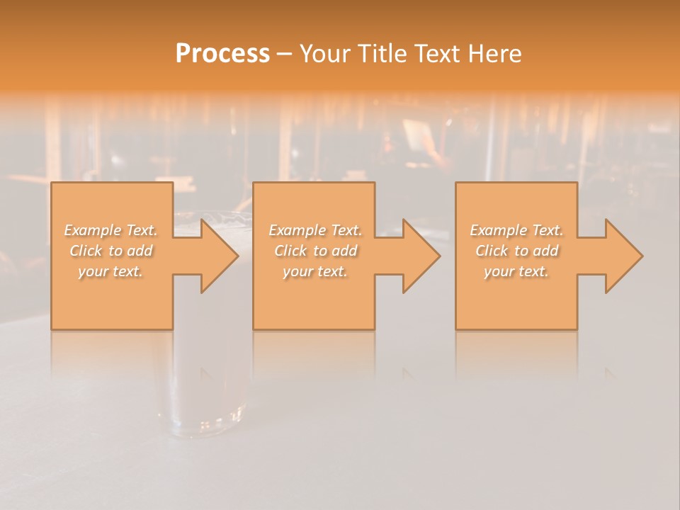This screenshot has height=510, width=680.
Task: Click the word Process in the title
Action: [x=222, y=54]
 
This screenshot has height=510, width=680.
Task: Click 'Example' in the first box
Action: [x=93, y=230]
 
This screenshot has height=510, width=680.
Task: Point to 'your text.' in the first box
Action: [x=110, y=271]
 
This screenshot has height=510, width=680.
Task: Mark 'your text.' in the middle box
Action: [x=315, y=271]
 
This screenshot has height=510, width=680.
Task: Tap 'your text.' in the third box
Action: [x=516, y=271]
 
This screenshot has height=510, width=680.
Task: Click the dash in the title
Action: [x=285, y=54]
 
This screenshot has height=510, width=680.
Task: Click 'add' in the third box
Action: [x=545, y=251]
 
